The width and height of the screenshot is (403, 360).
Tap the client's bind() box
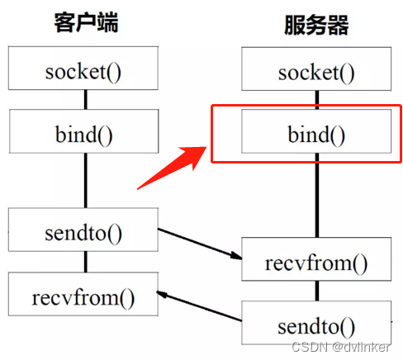(84, 130)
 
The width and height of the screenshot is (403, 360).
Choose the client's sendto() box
(83, 232)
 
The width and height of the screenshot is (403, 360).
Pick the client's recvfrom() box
(83, 293)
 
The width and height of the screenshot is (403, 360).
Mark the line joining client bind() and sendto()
(84, 182)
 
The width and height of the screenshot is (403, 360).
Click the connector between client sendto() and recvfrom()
(84, 263)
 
